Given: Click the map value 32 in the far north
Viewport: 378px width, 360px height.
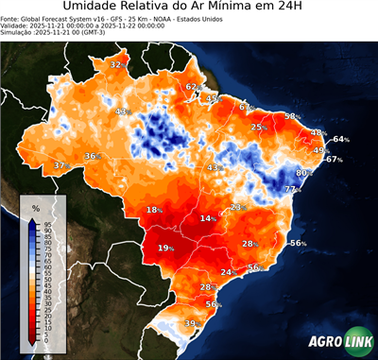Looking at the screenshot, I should tap(115, 64).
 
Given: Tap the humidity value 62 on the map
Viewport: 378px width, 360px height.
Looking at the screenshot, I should tap(191, 87).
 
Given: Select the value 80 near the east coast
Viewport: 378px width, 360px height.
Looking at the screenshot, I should tap(302, 173).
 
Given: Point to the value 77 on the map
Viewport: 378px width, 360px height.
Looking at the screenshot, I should tap(291, 190).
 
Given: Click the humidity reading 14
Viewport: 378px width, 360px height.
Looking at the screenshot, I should tap(205, 218).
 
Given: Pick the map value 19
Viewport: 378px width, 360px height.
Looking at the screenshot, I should tap(163, 248).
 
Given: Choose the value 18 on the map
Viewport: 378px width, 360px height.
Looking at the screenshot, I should tap(152, 210).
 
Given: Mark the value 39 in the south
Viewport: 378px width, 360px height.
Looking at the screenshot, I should tap(189, 324).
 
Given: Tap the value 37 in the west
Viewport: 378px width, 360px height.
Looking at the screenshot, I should tap(59, 165).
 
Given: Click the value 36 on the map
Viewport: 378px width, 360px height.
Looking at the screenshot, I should tap(90, 155).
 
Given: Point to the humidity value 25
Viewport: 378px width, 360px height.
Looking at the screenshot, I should tap(256, 127).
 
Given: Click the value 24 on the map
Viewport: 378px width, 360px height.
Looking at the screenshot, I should tap(226, 272).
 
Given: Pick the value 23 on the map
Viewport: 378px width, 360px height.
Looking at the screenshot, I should tap(236, 206).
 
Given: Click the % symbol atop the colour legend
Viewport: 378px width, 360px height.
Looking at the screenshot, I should tap(36, 207).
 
